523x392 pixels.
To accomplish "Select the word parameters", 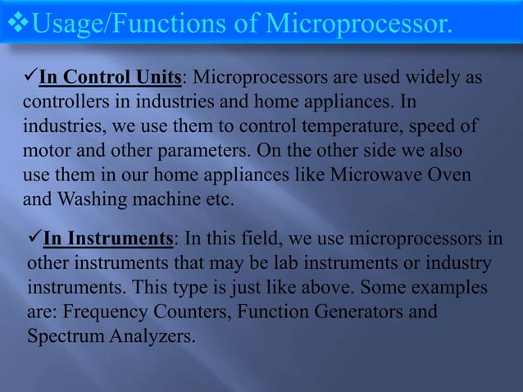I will pos(202,153).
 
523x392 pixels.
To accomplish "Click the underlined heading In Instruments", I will pos(107,239).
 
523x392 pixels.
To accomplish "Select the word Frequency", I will pos(104,312).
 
